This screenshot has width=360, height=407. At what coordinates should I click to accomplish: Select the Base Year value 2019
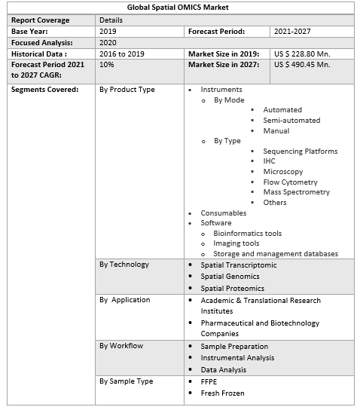108,32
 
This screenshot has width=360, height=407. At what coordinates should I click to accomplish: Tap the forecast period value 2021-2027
292,32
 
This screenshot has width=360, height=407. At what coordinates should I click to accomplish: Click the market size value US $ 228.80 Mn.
302,54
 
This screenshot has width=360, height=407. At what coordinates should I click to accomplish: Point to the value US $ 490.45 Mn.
302,65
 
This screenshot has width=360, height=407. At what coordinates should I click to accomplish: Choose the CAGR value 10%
106,65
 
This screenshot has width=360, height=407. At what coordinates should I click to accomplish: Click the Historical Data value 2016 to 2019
121,54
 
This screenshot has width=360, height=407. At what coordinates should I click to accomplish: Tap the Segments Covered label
44,90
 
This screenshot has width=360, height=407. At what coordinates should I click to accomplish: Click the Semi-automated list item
291,121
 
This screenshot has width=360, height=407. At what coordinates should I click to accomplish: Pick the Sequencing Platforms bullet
300,151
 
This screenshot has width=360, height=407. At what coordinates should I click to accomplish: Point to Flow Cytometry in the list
290,182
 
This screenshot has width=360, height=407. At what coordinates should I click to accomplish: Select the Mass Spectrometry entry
296,192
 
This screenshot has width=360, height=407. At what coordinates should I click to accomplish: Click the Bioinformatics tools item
247,234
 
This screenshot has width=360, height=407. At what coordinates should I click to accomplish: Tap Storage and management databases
275,254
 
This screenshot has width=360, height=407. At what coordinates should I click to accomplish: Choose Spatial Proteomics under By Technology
232,288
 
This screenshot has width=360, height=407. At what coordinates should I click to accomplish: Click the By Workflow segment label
121,346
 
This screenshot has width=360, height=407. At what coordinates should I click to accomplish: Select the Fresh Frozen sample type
222,393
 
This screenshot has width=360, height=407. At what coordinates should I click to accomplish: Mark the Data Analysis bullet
224,370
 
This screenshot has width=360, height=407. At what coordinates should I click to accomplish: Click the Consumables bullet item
223,213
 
